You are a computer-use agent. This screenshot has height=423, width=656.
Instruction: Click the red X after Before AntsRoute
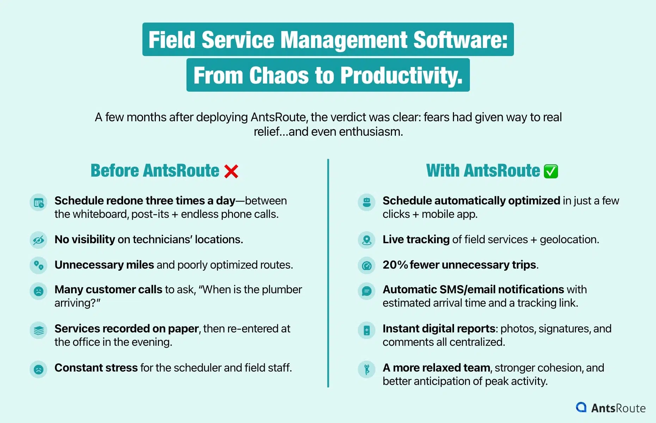coord(231,171)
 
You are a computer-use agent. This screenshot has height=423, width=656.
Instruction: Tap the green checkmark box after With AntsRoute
coord(551,171)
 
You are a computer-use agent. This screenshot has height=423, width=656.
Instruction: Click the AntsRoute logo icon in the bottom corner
coord(581,407)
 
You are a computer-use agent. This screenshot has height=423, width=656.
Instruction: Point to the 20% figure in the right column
coord(395,265)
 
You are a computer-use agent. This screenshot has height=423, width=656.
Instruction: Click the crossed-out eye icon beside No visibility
coord(38,240)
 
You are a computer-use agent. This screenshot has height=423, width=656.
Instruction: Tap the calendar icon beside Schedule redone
coord(38,203)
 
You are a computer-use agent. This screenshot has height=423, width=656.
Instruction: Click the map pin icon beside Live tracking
coord(367,240)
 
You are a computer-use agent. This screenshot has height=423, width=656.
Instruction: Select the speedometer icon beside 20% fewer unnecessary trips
coord(367,265)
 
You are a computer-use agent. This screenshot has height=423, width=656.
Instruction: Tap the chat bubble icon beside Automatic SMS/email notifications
coord(367,291)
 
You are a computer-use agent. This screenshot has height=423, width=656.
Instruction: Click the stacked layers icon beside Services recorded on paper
coord(38,330)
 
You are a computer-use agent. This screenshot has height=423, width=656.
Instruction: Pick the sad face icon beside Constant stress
coord(38,369)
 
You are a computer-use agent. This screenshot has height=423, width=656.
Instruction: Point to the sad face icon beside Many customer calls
coord(38,291)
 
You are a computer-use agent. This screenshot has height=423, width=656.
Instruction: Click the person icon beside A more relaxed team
coord(367,369)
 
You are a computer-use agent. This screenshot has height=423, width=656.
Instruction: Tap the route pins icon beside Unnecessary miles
coord(38,265)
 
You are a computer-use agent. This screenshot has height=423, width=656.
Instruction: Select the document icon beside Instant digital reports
coord(367,330)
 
